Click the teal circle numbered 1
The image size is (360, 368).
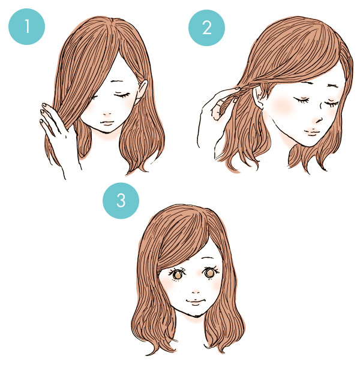[26, 26]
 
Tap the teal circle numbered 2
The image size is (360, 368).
[206, 28]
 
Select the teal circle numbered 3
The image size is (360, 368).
[121, 201]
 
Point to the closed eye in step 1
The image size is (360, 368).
[122, 95]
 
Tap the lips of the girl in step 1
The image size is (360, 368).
[107, 123]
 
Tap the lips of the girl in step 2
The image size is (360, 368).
[311, 132]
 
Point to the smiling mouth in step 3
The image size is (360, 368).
[196, 301]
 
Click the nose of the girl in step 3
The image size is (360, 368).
[196, 292]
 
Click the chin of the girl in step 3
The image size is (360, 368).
[194, 315]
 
